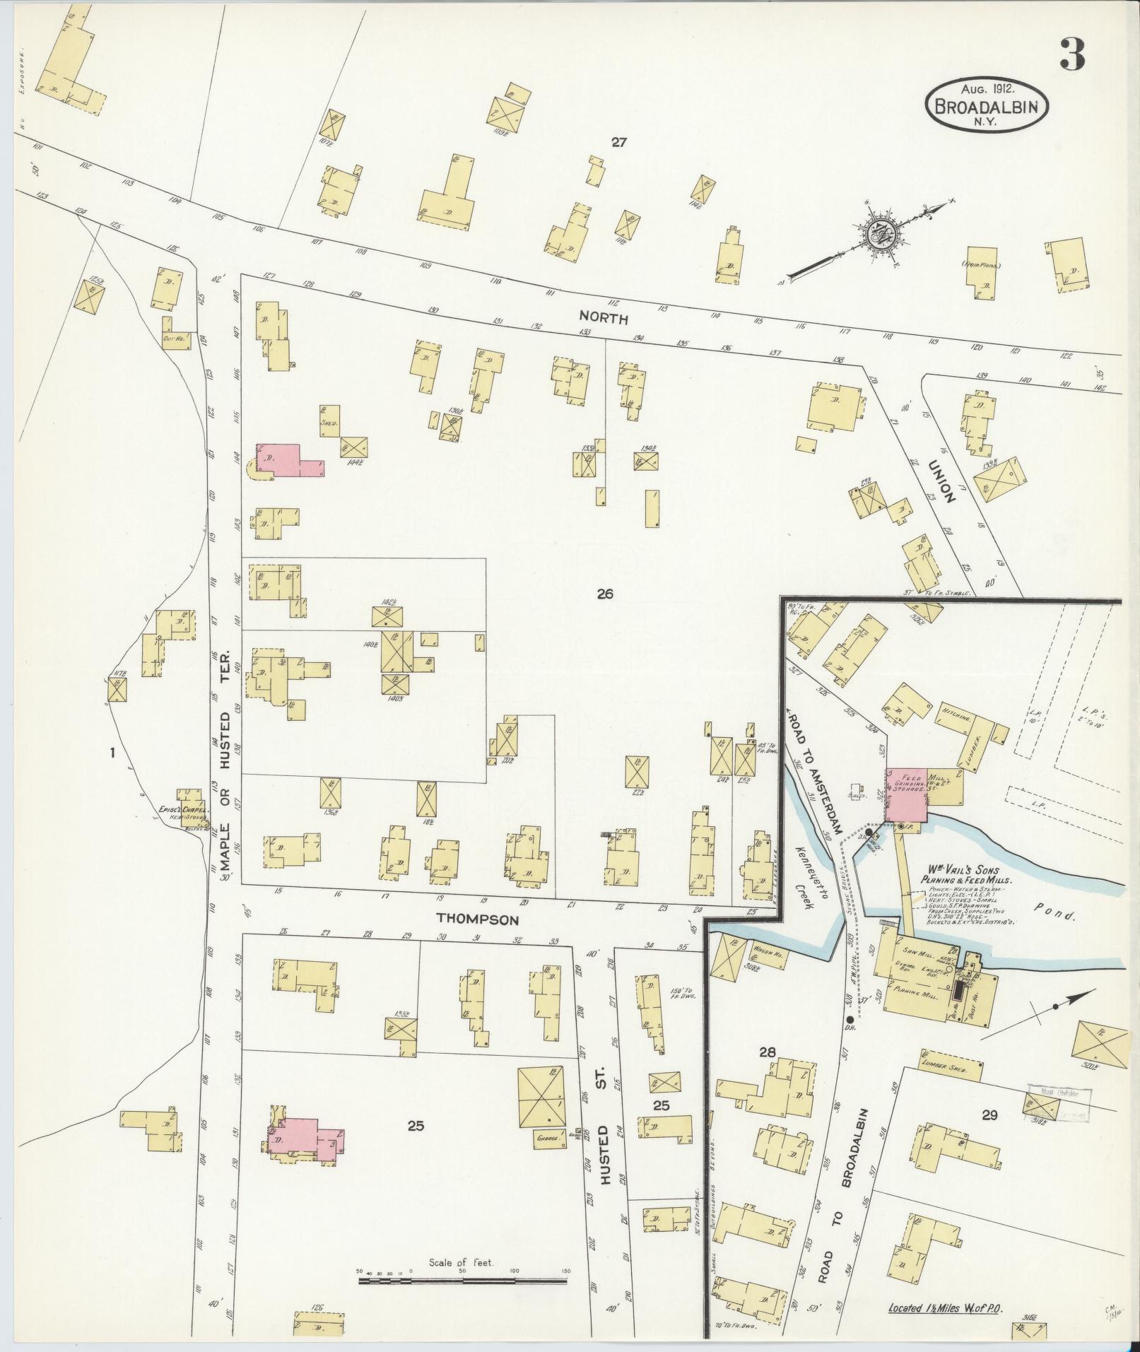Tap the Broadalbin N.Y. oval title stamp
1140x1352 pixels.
pos(987,103)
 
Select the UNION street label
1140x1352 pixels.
pos(941,480)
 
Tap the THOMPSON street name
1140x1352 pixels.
pos(478,919)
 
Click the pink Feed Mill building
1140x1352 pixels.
pos(907,794)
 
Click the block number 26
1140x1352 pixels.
pos(604,594)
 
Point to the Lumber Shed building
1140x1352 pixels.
pos(950,1083)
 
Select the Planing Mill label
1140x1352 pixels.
pos(911,992)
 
